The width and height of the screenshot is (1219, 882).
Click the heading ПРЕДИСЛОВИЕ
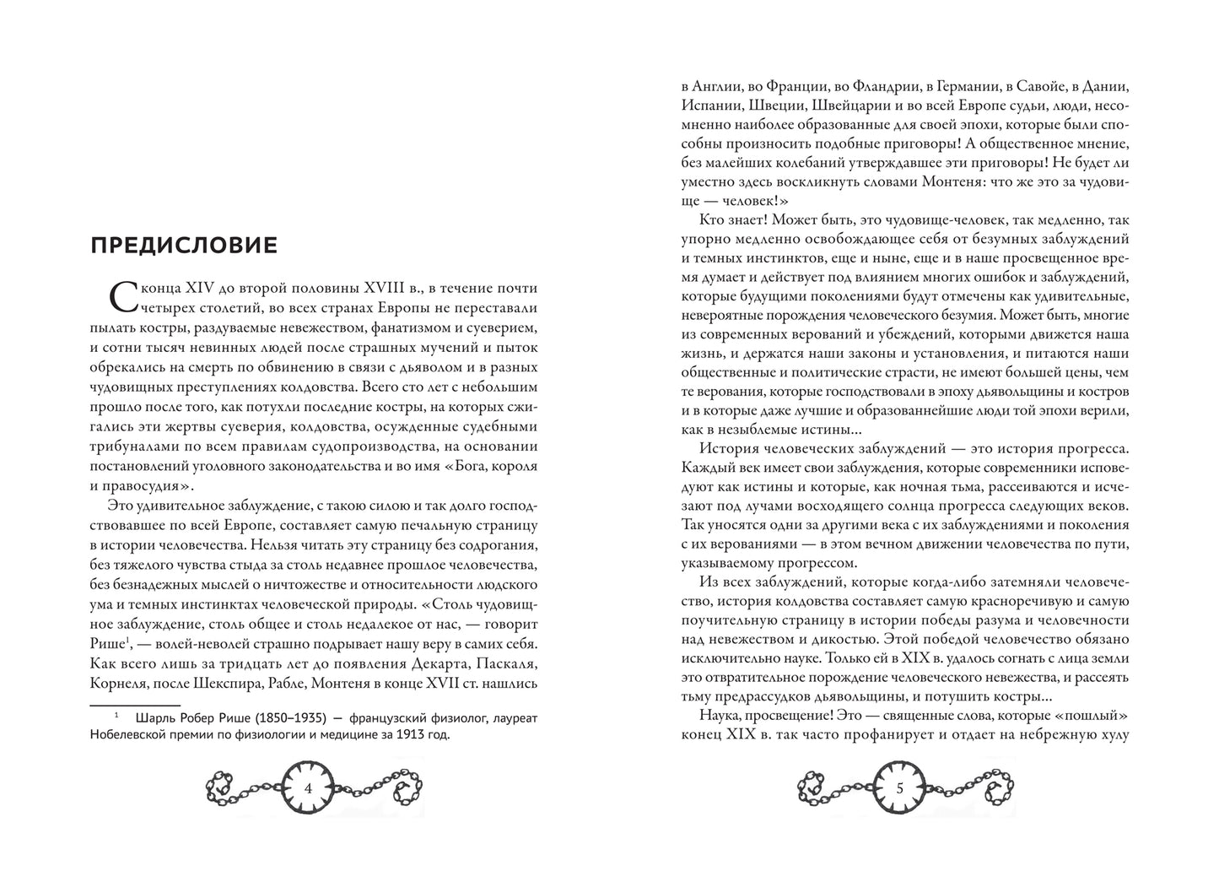click(x=182, y=246)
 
